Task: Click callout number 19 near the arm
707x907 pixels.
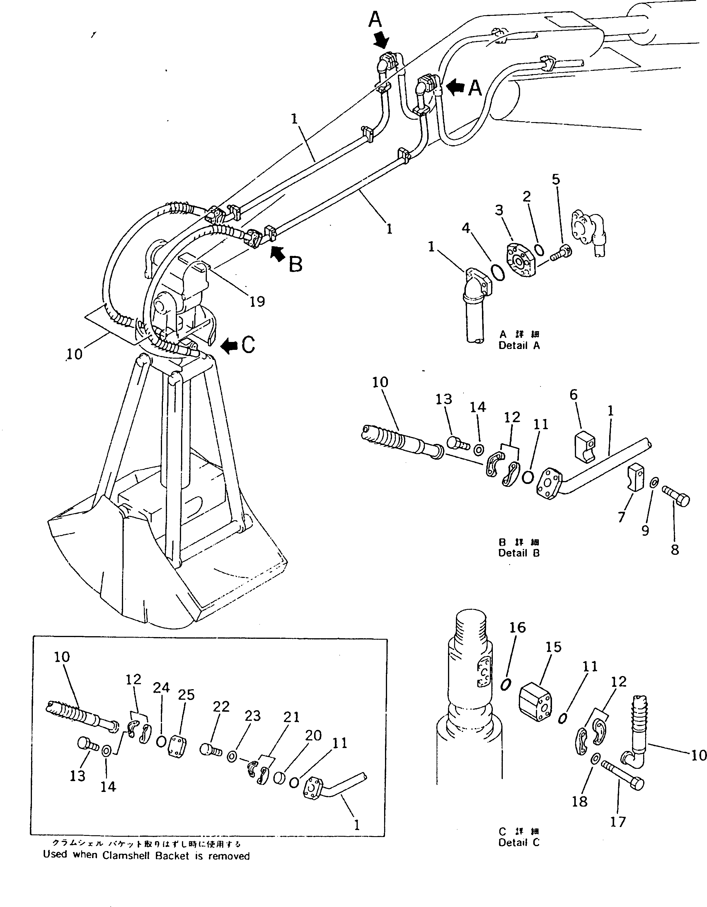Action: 257,301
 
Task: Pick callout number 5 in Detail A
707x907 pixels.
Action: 556,179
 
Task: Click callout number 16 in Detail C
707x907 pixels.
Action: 517,627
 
